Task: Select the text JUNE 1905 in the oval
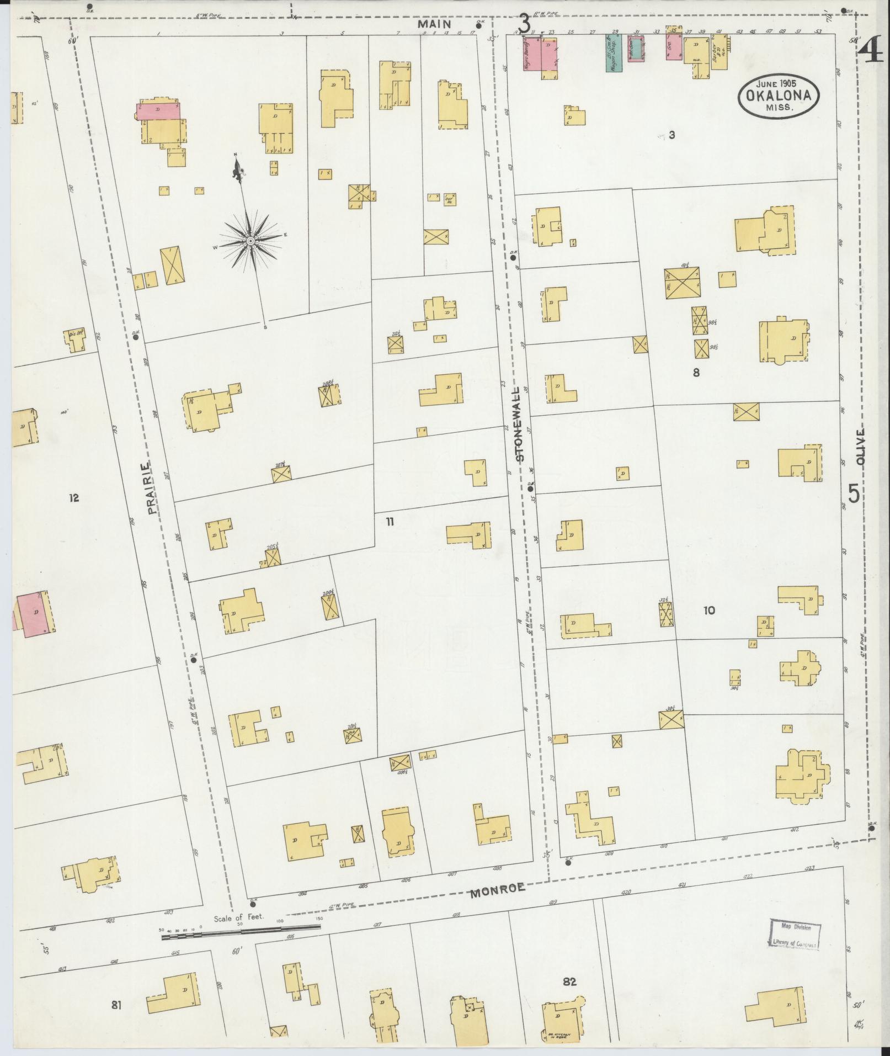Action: (x=778, y=83)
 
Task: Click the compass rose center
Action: (x=250, y=241)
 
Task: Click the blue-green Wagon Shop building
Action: (x=614, y=54)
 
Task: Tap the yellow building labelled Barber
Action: (x=718, y=52)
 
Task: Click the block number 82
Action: (x=569, y=982)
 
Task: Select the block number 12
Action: (x=74, y=498)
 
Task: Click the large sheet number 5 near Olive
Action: (x=853, y=493)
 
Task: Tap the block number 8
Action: (x=696, y=373)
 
